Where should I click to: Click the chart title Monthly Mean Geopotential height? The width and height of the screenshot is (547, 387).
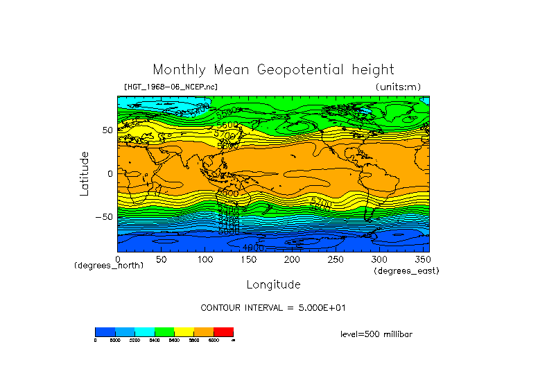[273, 69]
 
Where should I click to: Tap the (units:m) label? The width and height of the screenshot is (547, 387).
[397, 87]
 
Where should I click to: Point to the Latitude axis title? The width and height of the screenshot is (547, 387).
[84, 173]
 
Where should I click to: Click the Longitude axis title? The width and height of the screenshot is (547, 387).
[273, 284]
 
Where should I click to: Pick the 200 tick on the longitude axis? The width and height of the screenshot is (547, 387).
[293, 259]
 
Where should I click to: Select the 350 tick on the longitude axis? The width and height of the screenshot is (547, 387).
[421, 259]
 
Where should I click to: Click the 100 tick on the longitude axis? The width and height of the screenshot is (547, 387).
[205, 259]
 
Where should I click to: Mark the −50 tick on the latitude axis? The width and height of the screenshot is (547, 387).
[104, 217]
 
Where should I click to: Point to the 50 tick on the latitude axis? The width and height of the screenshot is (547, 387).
[107, 130]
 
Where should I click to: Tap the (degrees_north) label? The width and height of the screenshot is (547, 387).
[109, 265]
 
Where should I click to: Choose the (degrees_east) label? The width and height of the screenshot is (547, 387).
[406, 270]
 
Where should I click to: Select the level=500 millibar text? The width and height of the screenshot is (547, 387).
[376, 334]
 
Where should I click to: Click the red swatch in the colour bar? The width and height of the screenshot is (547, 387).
[223, 332]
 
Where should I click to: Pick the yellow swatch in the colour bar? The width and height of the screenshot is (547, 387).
[184, 332]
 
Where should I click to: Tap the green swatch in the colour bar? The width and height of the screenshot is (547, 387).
[164, 332]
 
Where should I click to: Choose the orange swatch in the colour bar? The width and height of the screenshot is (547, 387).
[204, 332]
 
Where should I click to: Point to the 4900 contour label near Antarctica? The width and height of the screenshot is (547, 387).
[252, 248]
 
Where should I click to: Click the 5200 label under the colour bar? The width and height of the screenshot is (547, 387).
[134, 341]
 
